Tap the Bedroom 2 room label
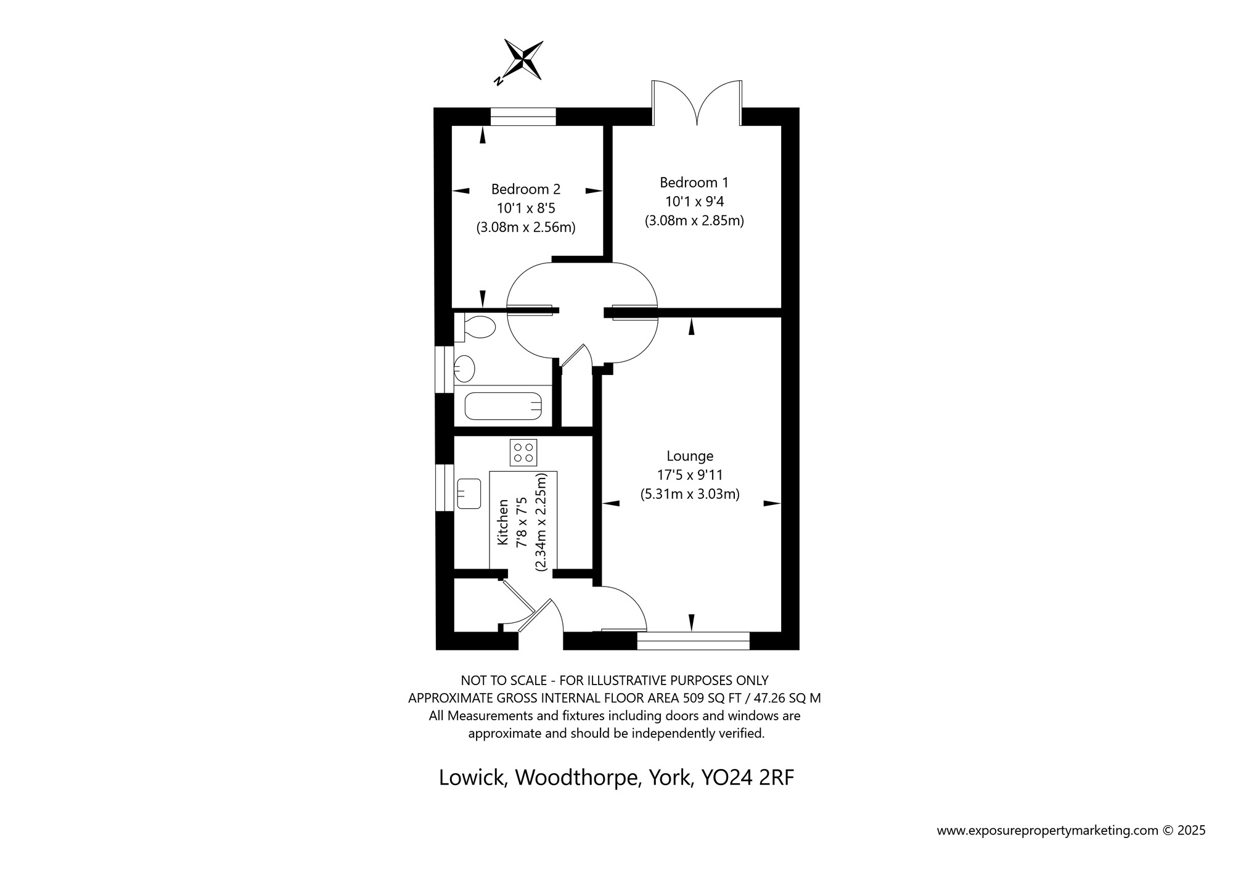pyautogui.click(x=526, y=189)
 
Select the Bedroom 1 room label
pyautogui.click(x=694, y=183)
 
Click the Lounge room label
pyautogui.click(x=690, y=456)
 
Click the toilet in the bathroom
pyautogui.click(x=475, y=327)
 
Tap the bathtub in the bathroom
pyautogui.click(x=502, y=405)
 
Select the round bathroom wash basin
pyautogui.click(x=464, y=369)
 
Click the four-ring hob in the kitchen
pyautogui.click(x=523, y=452)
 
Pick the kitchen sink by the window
pyautogui.click(x=469, y=493)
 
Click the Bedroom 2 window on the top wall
pyautogui.click(x=523, y=117)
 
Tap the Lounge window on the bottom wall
pyautogui.click(x=693, y=641)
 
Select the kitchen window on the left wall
pyautogui.click(x=444, y=488)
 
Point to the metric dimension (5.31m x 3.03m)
pyautogui.click(x=690, y=494)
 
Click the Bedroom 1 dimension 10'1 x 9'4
pyautogui.click(x=694, y=201)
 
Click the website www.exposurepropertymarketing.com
pyautogui.click(x=1048, y=831)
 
